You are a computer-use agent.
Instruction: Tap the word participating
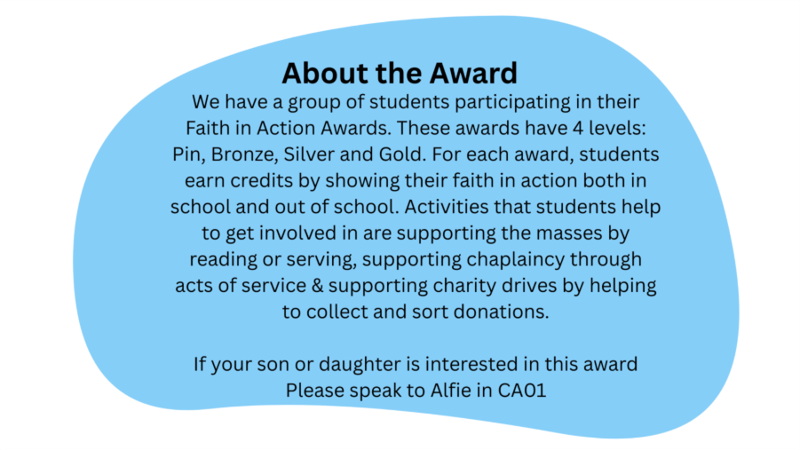[x=512, y=103]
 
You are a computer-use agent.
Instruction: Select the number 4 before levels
[x=577, y=128]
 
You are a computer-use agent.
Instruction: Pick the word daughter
[x=360, y=365]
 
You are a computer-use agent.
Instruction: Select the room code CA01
[x=522, y=391]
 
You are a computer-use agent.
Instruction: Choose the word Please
[x=315, y=391]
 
